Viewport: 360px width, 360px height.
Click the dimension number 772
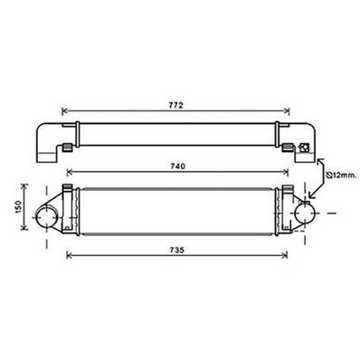[176, 105]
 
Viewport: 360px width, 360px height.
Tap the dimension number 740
[178, 166]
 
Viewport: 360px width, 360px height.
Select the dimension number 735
[177, 250]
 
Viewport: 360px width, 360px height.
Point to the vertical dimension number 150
[18, 207]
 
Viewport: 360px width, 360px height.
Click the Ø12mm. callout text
[342, 175]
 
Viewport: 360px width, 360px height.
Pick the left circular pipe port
[46, 215]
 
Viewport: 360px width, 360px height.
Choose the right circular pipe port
[305, 213]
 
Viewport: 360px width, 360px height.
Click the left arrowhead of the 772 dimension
[64, 111]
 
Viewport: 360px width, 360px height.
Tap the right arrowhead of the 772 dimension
[287, 111]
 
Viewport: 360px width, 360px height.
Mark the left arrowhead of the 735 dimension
[69, 256]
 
